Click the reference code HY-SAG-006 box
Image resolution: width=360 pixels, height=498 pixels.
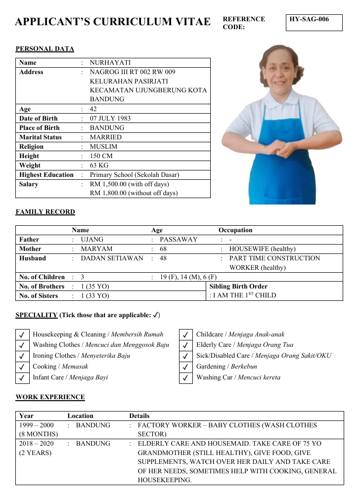click(314, 23)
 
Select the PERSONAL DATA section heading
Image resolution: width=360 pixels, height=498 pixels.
click(45, 49)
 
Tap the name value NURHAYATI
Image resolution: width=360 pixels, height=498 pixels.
click(110, 63)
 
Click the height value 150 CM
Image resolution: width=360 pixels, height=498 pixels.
click(102, 156)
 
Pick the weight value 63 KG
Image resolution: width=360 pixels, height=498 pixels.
click(99, 166)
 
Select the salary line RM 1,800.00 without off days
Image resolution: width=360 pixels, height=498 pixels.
click(134, 193)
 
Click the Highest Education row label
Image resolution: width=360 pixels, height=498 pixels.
click(46, 175)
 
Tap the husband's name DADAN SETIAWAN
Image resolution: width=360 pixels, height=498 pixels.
click(112, 258)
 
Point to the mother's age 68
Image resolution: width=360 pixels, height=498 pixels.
click(163, 249)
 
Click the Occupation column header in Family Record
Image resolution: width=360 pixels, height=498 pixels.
click(235, 230)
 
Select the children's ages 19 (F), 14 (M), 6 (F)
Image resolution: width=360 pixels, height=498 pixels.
click(188, 277)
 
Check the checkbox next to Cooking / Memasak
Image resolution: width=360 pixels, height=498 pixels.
click(22, 367)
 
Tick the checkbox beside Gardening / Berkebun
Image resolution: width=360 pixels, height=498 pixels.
click(185, 367)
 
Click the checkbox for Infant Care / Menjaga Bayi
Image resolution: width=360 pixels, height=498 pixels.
click(22, 378)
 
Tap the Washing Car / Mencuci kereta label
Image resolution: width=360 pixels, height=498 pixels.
click(238, 377)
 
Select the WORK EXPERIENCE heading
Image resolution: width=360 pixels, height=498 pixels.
click(50, 397)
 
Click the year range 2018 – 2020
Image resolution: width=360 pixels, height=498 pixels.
click(36, 444)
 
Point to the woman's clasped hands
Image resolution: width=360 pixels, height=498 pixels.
click(279, 148)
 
